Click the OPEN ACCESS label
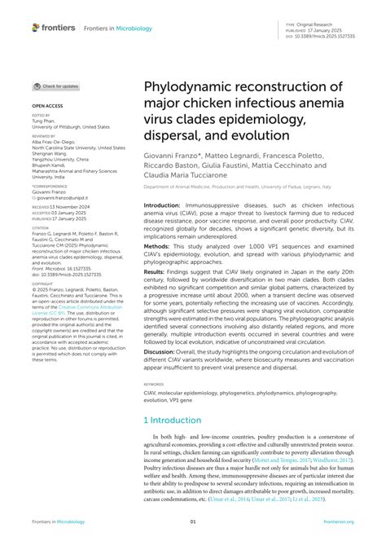[x=46, y=107]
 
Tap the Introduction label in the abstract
[x=166, y=206]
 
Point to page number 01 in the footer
[x=193, y=522]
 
